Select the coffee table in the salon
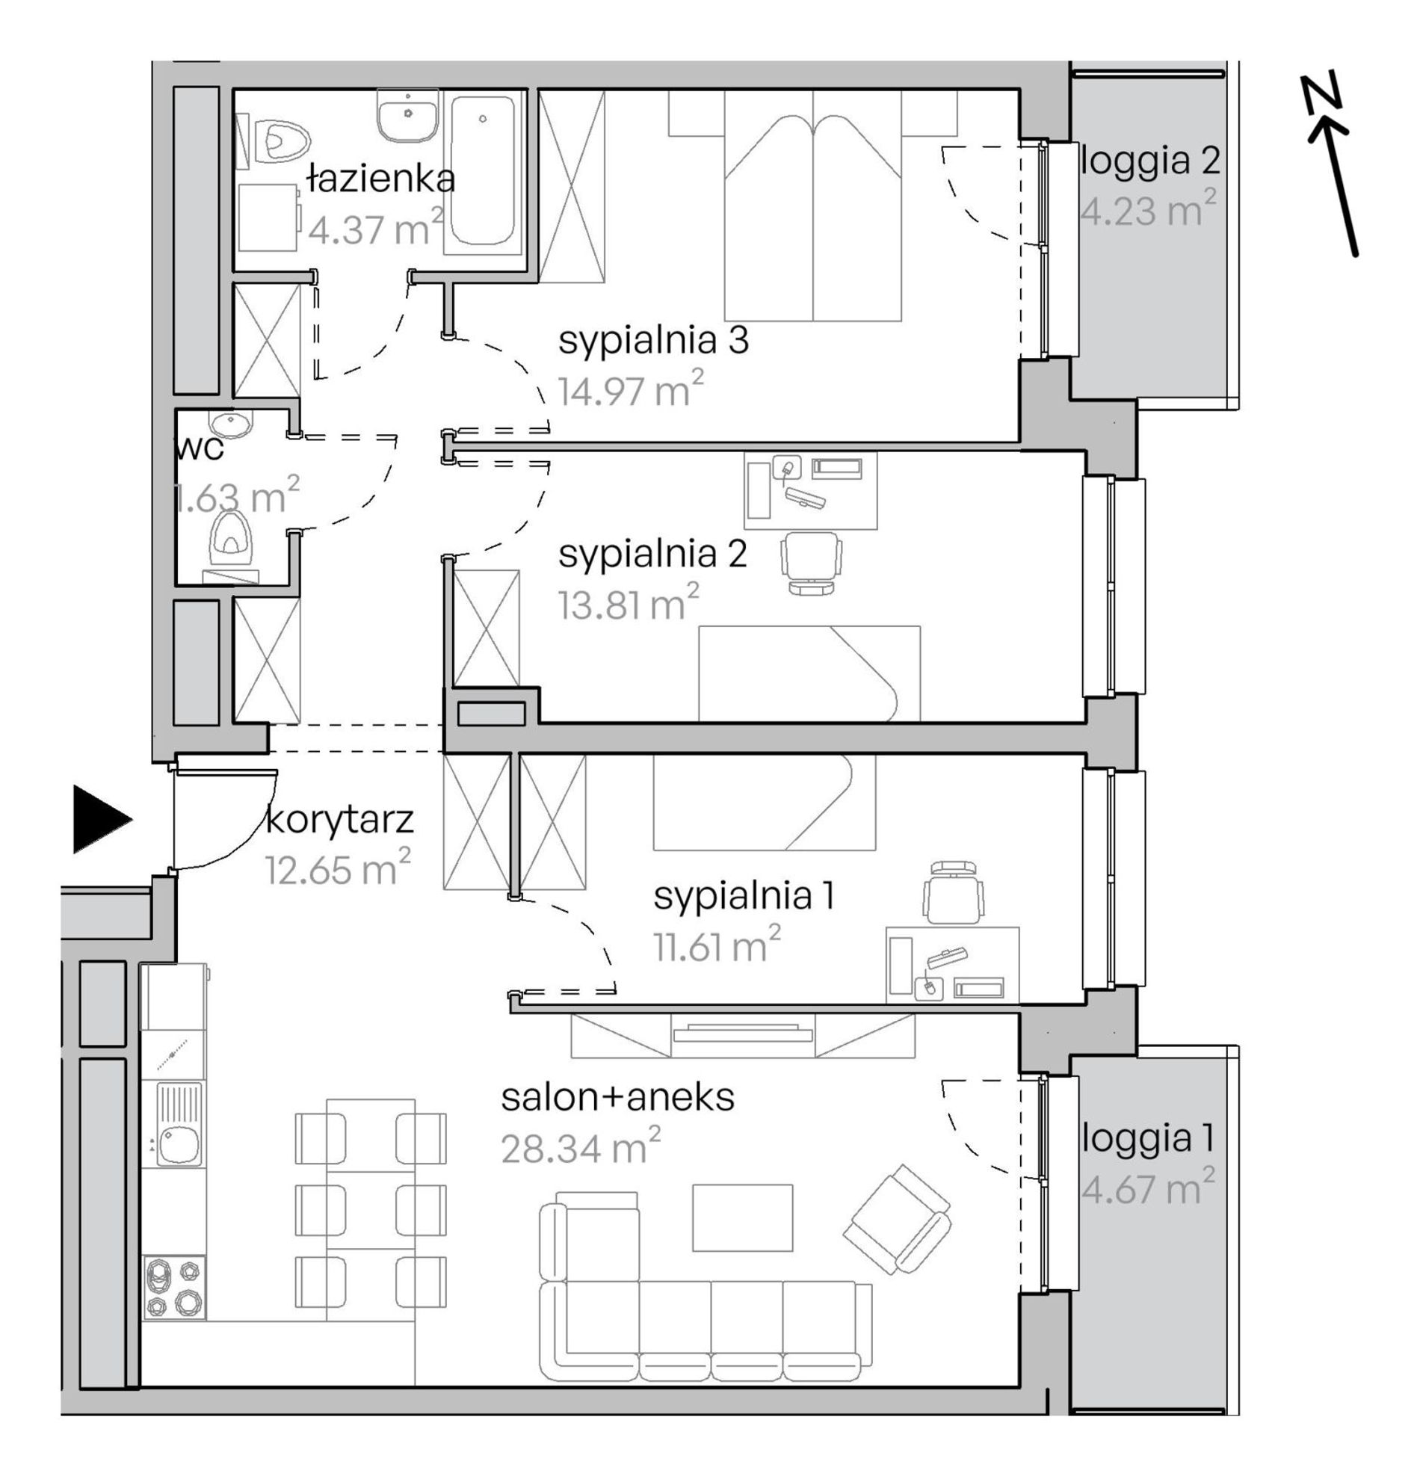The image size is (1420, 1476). pyautogui.click(x=742, y=1217)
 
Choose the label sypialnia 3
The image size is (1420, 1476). pyautogui.click(x=653, y=341)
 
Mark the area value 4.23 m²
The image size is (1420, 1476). pyautogui.click(x=1148, y=209)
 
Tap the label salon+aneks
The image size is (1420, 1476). pyautogui.click(x=618, y=1098)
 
